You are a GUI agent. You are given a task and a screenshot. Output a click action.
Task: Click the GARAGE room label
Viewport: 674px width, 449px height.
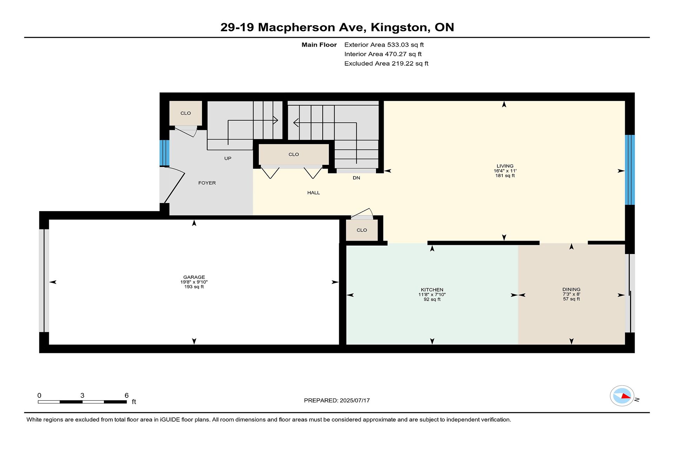click(x=194, y=277)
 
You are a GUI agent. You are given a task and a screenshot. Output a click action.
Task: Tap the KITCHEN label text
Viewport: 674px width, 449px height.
click(x=432, y=290)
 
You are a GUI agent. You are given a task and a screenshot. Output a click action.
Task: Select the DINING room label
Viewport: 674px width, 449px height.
click(x=571, y=289)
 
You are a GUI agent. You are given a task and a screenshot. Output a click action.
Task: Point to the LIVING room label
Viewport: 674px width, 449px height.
click(x=505, y=166)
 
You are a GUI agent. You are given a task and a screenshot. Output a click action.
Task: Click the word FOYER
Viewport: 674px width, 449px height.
click(x=207, y=183)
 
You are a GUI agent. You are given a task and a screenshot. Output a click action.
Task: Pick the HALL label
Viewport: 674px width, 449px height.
click(x=313, y=193)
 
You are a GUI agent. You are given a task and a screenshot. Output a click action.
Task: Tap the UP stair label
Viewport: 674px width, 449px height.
click(x=228, y=158)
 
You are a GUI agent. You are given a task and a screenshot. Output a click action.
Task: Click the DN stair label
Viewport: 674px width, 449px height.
click(x=356, y=178)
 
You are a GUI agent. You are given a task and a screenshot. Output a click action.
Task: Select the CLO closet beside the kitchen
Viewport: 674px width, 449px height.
click(x=362, y=230)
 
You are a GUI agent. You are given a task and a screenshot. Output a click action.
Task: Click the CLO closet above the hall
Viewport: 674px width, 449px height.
click(x=294, y=154)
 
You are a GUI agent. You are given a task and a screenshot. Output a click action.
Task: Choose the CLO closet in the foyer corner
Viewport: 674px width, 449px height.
click(x=186, y=113)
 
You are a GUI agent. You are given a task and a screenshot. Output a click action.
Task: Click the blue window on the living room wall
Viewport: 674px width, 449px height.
click(x=630, y=170)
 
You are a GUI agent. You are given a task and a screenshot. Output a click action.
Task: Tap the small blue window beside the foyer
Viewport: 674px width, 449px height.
click(x=164, y=153)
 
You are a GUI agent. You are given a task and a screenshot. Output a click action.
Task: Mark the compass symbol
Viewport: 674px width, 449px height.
click(x=622, y=396)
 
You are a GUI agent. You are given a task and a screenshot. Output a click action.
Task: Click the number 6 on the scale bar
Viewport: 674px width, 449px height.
click(x=126, y=395)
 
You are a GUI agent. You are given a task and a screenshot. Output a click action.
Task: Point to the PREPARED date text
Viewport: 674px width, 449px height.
click(x=337, y=400)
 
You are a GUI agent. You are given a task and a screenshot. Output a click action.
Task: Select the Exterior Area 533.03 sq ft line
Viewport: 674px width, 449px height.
click(x=384, y=45)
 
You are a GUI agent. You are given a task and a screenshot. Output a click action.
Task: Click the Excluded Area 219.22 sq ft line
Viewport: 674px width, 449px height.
click(x=386, y=63)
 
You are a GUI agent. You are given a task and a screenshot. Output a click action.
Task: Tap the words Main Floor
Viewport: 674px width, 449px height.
click(x=319, y=45)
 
